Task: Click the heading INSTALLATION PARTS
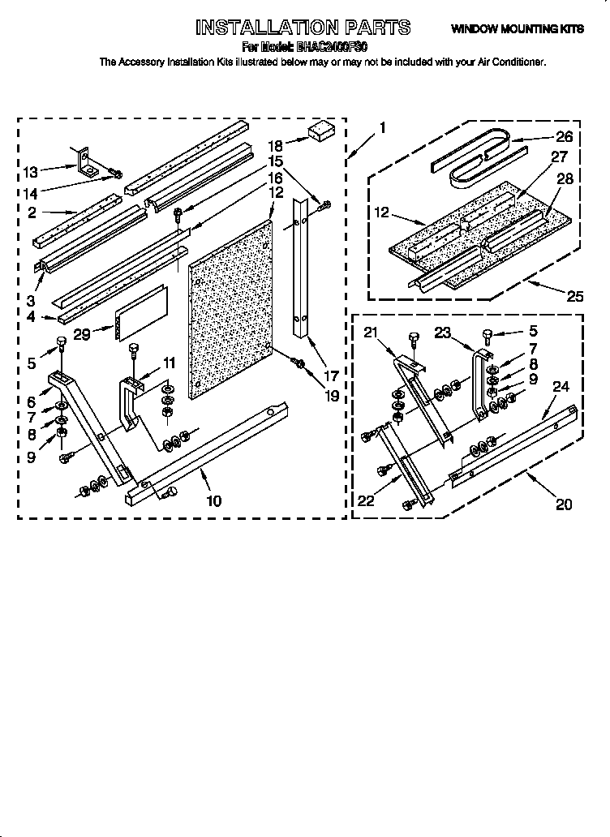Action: point(303,28)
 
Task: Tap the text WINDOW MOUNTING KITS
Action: point(517,29)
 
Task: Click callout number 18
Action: point(275,145)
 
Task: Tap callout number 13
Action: point(30,171)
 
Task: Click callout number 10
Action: point(213,500)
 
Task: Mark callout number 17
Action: point(331,353)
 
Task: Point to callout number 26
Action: point(564,137)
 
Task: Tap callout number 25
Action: point(574,297)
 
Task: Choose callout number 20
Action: point(564,504)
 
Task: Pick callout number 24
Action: point(561,387)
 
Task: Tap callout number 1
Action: point(382,127)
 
